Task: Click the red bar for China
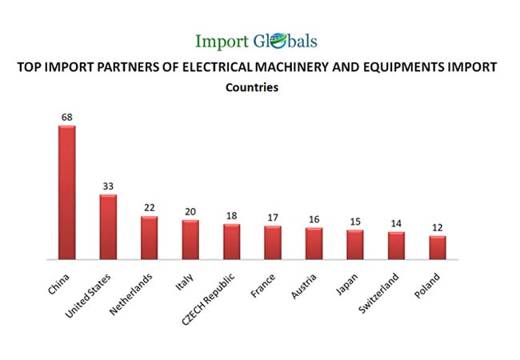(66, 192)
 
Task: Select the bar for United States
(108, 227)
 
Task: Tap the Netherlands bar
(149, 238)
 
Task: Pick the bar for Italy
(190, 240)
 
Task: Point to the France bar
(273, 242)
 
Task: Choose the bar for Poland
(437, 247)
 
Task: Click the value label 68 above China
(66, 118)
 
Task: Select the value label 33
(108, 186)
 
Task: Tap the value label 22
(149, 208)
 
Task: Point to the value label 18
(231, 215)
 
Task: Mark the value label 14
(396, 224)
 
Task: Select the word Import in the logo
(222, 41)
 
